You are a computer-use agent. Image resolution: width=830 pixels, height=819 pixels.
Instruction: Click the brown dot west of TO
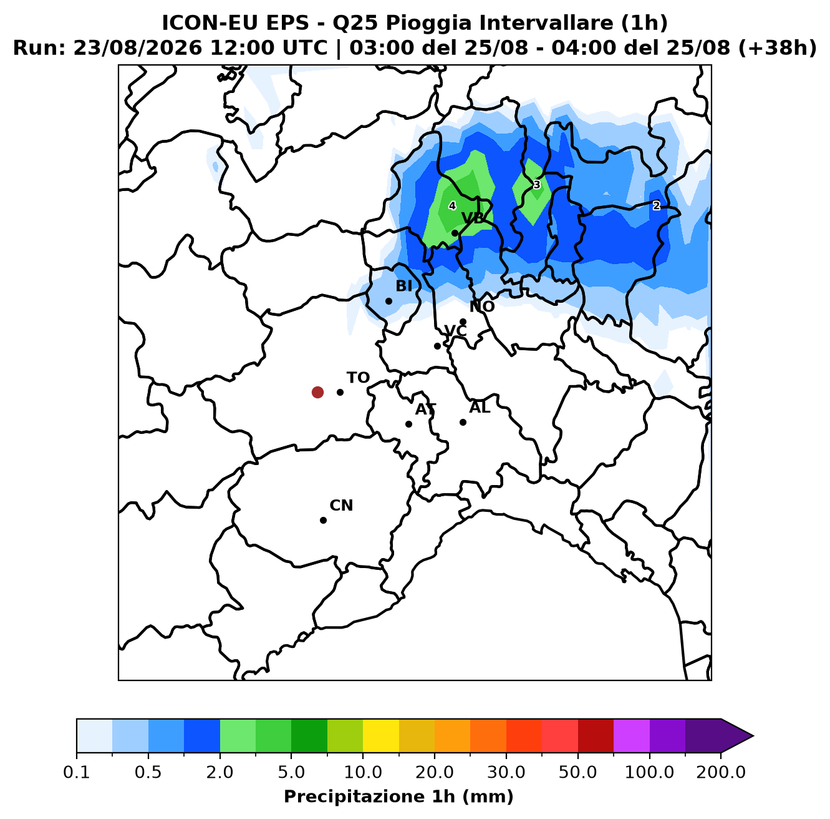pyautogui.click(x=317, y=392)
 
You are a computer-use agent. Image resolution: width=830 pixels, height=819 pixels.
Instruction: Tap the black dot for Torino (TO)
pyautogui.click(x=340, y=392)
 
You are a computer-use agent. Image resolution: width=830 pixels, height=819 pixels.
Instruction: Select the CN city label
pyautogui.click(x=341, y=506)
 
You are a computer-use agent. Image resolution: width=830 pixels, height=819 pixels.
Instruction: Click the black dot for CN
pyautogui.click(x=323, y=520)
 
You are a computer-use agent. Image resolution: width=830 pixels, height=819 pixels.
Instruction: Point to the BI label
pyautogui.click(x=403, y=286)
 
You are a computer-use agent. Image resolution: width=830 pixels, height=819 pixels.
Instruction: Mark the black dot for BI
pyautogui.click(x=388, y=301)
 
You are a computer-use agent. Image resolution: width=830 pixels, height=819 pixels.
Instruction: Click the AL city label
pyautogui.click(x=480, y=408)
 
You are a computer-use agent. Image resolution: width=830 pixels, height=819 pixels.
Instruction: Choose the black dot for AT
pyautogui.click(x=408, y=424)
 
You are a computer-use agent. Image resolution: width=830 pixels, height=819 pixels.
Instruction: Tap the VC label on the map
pyautogui.click(x=455, y=331)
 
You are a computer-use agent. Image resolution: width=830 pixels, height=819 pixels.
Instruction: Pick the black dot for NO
pyautogui.click(x=463, y=321)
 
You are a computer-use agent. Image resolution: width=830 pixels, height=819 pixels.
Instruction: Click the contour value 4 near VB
pyautogui.click(x=452, y=206)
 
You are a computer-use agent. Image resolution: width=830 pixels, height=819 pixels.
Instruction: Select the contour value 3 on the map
pyautogui.click(x=536, y=185)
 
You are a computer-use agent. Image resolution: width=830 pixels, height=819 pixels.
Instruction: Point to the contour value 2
pyautogui.click(x=656, y=206)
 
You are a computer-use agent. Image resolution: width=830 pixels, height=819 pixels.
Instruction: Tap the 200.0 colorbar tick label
pyautogui.click(x=721, y=772)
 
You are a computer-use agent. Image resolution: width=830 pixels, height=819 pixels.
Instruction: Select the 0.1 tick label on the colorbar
pyautogui.click(x=77, y=772)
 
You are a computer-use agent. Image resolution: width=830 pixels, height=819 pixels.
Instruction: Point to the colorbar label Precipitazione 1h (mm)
pyautogui.click(x=398, y=796)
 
